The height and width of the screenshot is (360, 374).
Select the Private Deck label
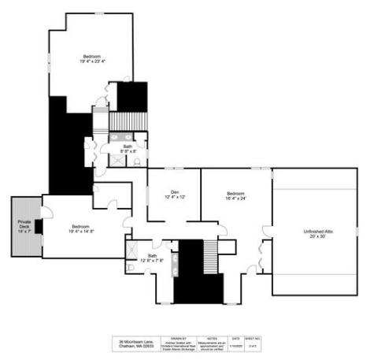(x=24, y=228)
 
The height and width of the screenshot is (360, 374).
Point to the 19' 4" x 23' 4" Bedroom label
(x=92, y=58)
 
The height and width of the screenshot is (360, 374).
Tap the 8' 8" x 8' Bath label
(x=128, y=149)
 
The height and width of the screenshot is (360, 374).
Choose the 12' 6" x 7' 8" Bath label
(x=153, y=258)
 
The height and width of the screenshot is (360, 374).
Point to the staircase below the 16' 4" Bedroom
(x=210, y=256)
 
